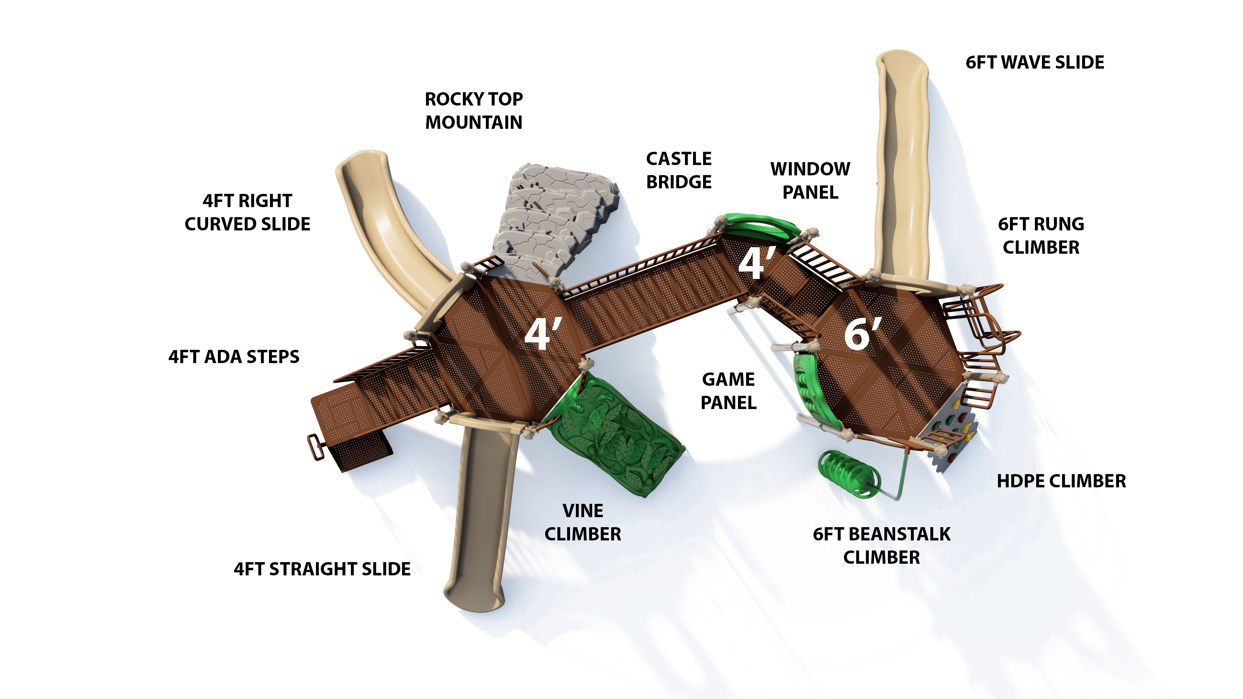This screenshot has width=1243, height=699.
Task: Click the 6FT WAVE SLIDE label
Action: (x=1035, y=63)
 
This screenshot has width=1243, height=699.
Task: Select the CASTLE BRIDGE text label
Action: (x=678, y=170)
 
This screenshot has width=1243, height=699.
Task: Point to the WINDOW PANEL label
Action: (x=810, y=181)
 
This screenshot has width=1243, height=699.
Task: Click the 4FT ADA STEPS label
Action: (x=233, y=357)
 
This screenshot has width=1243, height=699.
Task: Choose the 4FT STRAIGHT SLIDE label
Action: (x=322, y=569)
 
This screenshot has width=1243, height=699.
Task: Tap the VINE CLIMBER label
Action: (x=582, y=522)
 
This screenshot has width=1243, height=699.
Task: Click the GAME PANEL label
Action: (x=728, y=391)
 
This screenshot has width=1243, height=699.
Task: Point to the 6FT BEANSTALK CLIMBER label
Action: (x=881, y=546)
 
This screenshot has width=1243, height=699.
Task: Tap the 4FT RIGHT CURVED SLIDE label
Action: (x=247, y=212)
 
